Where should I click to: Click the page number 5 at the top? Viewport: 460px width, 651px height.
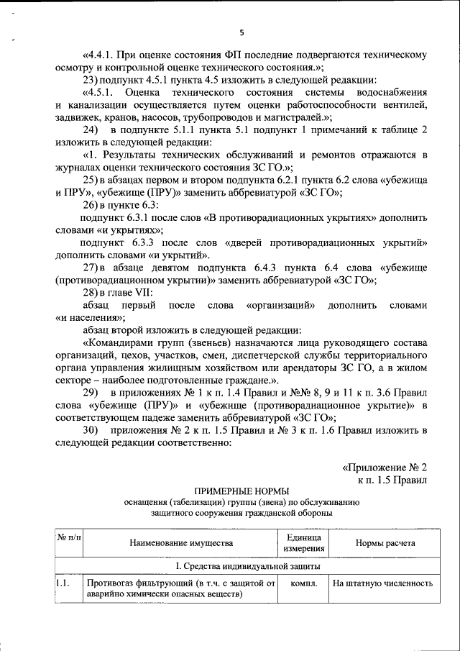tap(241, 32)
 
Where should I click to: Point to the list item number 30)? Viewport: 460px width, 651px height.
tap(92, 429)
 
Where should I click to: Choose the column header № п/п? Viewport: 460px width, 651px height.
tap(68, 539)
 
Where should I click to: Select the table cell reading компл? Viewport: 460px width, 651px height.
tap(303, 584)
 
